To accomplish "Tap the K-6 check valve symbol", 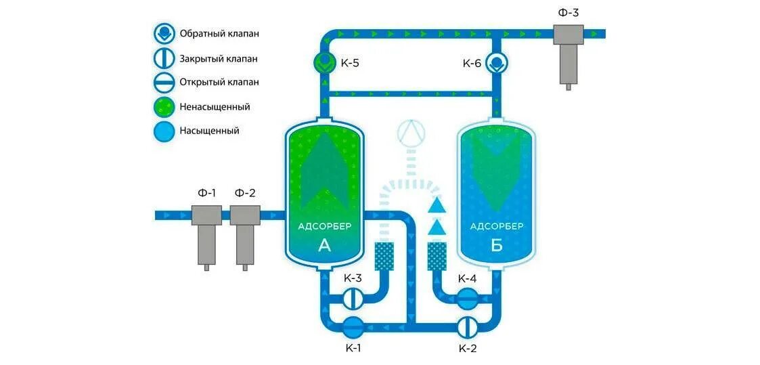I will (497, 63).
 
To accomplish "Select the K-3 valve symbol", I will (353, 297).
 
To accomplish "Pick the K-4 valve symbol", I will (466, 297).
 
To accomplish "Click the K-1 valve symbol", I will (353, 327).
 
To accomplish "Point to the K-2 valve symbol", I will (466, 327).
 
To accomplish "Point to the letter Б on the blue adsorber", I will (497, 246).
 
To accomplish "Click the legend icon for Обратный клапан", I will (164, 34).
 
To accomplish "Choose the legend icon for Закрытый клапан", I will (164, 58).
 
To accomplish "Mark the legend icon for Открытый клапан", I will (164, 82).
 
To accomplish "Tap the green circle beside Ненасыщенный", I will (164, 106).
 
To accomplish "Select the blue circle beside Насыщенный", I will (164, 131).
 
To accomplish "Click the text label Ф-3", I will (568, 12).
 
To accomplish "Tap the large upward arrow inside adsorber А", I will (325, 169).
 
